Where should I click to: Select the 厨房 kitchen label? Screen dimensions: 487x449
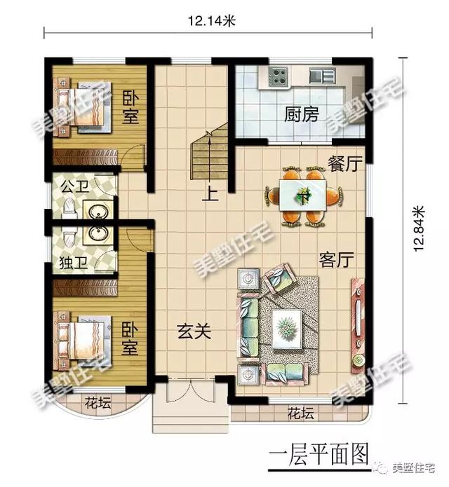pos(302,114)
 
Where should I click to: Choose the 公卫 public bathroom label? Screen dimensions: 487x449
pos(72,187)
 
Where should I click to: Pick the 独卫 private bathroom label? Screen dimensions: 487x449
pos(72,264)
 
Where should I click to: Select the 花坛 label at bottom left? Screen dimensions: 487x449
pos(95,403)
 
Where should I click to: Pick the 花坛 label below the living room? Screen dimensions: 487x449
pos(301,413)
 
